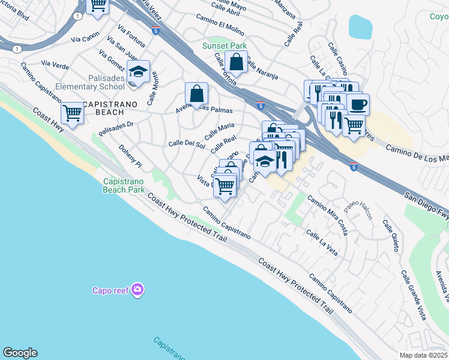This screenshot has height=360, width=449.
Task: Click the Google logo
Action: [x=20, y=353]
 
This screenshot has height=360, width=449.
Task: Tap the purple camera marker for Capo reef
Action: [x=139, y=290]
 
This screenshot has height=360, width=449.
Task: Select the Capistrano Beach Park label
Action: [x=124, y=185]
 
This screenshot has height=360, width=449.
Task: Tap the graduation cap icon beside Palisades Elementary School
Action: [x=139, y=73]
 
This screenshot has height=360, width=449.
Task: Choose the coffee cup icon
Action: [x=358, y=104]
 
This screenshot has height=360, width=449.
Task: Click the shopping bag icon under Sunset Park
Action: [x=237, y=61]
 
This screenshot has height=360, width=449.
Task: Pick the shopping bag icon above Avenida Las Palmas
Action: [x=196, y=94]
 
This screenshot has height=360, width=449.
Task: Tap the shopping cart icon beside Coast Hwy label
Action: [x=73, y=112]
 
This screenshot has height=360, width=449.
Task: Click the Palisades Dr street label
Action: [x=116, y=128]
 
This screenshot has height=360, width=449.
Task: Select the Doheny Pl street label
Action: [x=130, y=156]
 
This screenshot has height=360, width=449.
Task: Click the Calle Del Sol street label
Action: [x=186, y=143]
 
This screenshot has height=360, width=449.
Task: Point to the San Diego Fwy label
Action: [x=426, y=205]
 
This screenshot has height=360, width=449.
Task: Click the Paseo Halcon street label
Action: [x=358, y=206]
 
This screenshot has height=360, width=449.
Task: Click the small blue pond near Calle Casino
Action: [x=360, y=26]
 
